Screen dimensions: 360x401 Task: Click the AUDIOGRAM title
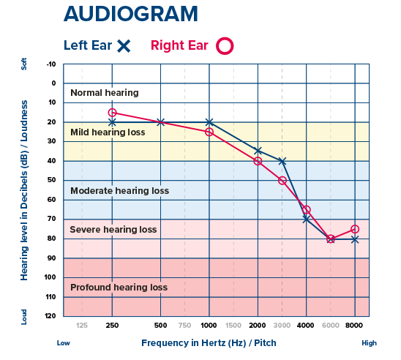(130, 13)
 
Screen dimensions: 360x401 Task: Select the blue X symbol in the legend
(124, 45)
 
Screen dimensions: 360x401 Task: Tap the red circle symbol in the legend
(225, 45)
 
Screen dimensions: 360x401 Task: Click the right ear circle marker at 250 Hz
(112, 113)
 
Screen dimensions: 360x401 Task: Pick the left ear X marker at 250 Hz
(112, 122)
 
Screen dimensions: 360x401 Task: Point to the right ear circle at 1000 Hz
(209, 132)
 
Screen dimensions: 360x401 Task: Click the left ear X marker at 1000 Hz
(209, 122)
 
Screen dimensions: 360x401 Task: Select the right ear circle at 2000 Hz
(258, 161)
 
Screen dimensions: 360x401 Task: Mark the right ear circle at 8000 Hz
(355, 229)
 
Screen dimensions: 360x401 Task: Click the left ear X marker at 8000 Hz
(355, 239)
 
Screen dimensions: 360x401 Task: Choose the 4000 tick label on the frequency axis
(306, 324)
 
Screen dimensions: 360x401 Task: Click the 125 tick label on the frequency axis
(82, 324)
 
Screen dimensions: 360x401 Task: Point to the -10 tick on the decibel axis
(50, 64)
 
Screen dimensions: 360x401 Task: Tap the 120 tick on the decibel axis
(50, 316)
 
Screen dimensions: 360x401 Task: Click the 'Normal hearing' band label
(104, 93)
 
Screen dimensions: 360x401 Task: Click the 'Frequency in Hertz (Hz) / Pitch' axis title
(210, 342)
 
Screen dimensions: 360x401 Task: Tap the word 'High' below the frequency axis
(370, 342)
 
